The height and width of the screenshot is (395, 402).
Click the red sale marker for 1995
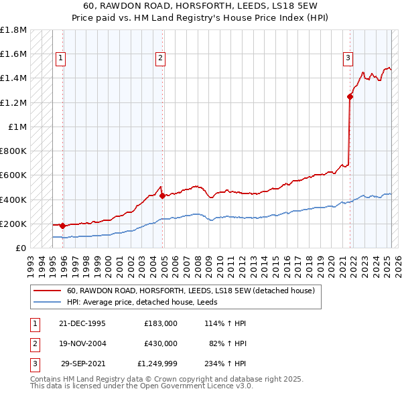(x=62, y=226)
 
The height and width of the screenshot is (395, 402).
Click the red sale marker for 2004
(x=163, y=196)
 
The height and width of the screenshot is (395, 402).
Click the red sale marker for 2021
(x=350, y=96)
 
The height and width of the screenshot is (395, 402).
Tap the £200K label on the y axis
(x=14, y=224)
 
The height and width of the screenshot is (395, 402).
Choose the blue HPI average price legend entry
(x=147, y=302)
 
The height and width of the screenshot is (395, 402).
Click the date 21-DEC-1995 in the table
(x=82, y=323)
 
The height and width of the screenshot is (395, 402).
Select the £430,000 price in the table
(x=161, y=343)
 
